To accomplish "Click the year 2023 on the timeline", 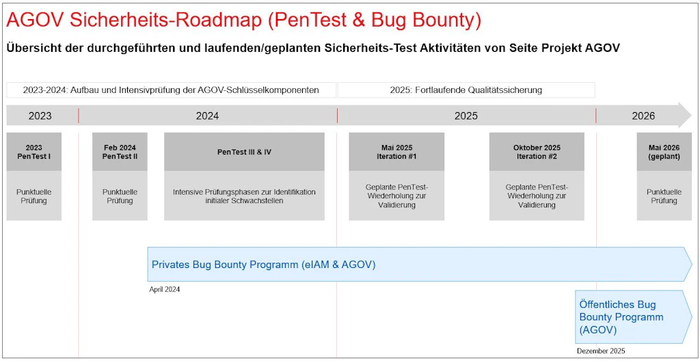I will click(40, 116).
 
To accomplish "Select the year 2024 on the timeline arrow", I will click(207, 116).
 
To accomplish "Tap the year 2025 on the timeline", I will click(466, 116).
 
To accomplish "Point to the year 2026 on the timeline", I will click(643, 116).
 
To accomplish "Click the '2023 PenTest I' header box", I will click(33, 152).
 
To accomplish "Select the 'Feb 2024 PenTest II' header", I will click(120, 152).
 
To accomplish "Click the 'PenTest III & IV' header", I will click(244, 152).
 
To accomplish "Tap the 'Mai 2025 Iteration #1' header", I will click(396, 152).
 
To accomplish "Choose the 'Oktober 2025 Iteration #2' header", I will click(537, 152).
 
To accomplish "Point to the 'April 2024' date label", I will click(164, 289).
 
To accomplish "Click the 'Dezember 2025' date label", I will click(600, 351).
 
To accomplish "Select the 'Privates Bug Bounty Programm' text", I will click(263, 265).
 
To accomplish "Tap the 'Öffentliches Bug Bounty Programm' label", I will click(621, 317).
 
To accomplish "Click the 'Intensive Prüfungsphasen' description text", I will click(244, 196).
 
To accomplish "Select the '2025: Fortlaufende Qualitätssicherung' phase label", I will click(466, 90).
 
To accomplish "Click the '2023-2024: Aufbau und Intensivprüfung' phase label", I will click(171, 90).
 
